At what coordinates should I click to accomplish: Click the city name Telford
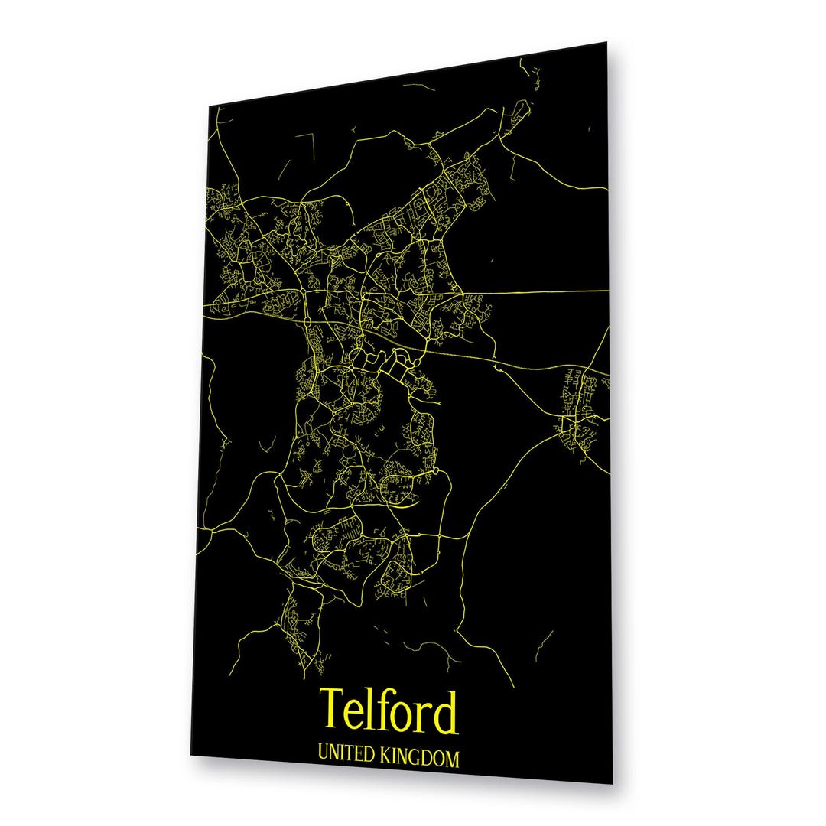389,711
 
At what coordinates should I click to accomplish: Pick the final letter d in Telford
445,712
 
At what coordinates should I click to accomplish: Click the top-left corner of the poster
210,106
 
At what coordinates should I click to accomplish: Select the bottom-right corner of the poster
613,784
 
